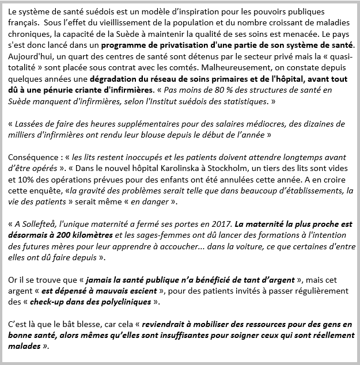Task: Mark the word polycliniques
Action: click(x=128, y=302)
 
